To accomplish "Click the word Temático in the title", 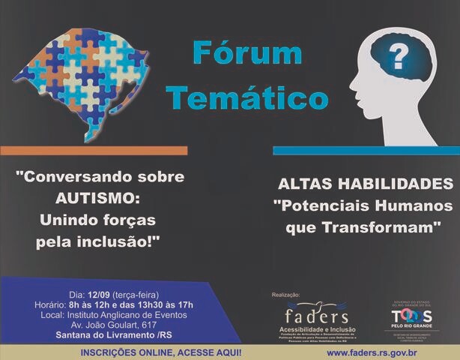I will pos(247,97).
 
